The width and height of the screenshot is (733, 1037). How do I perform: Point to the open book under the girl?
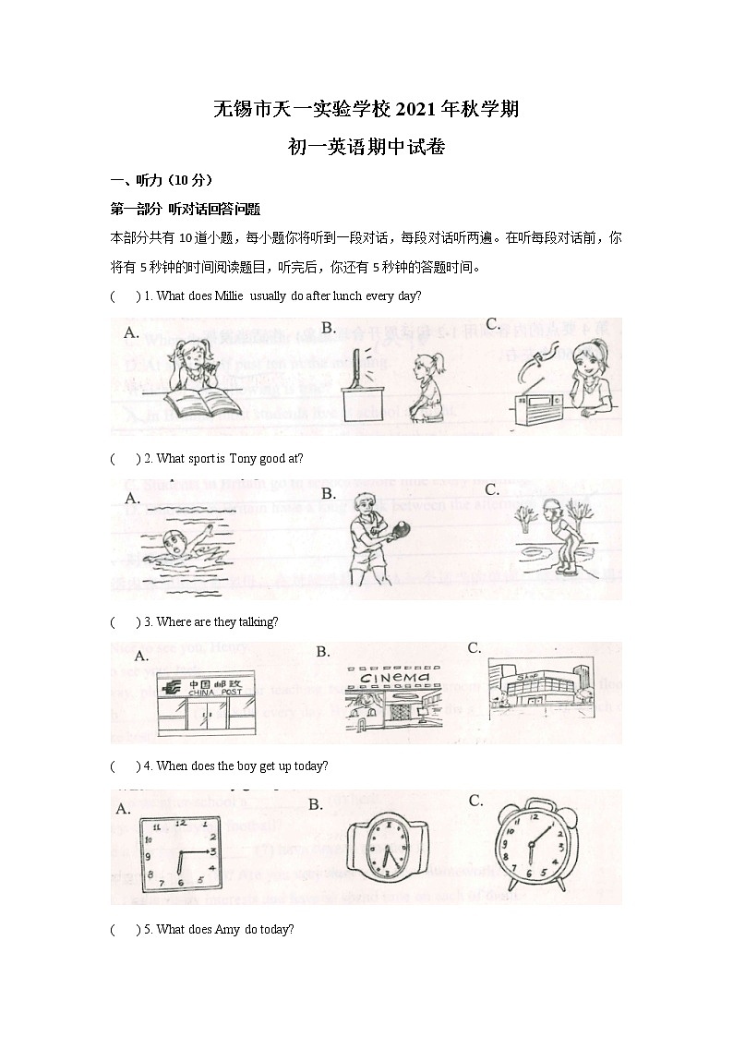(204, 403)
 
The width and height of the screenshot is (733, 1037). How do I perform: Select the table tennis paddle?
(404, 529)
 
